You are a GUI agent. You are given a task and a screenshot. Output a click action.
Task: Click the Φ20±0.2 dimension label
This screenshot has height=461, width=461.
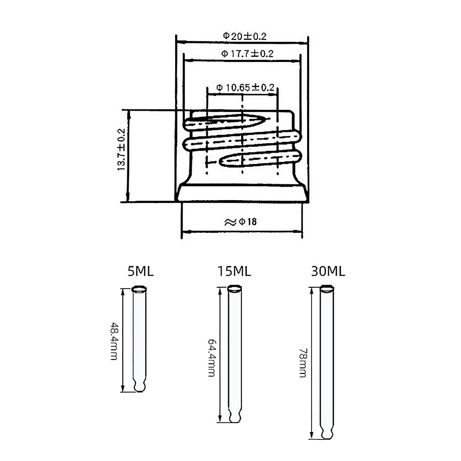[245, 36]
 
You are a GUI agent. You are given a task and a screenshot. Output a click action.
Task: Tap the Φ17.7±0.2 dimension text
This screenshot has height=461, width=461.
[247, 53]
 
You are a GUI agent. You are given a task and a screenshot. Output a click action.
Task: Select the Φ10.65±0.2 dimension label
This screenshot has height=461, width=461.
[245, 88]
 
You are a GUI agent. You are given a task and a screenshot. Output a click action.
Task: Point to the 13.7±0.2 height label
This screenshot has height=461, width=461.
[121, 149]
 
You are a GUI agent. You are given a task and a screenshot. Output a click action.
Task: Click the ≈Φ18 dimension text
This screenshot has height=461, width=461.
[240, 222]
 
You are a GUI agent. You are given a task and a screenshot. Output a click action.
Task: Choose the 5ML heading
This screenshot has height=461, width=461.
[141, 271]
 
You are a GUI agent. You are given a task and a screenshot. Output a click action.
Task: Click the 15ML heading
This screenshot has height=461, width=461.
[234, 271]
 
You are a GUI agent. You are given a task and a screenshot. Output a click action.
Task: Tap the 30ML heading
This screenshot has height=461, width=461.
[328, 271]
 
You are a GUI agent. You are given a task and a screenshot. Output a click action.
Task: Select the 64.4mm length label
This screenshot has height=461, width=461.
[212, 358]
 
